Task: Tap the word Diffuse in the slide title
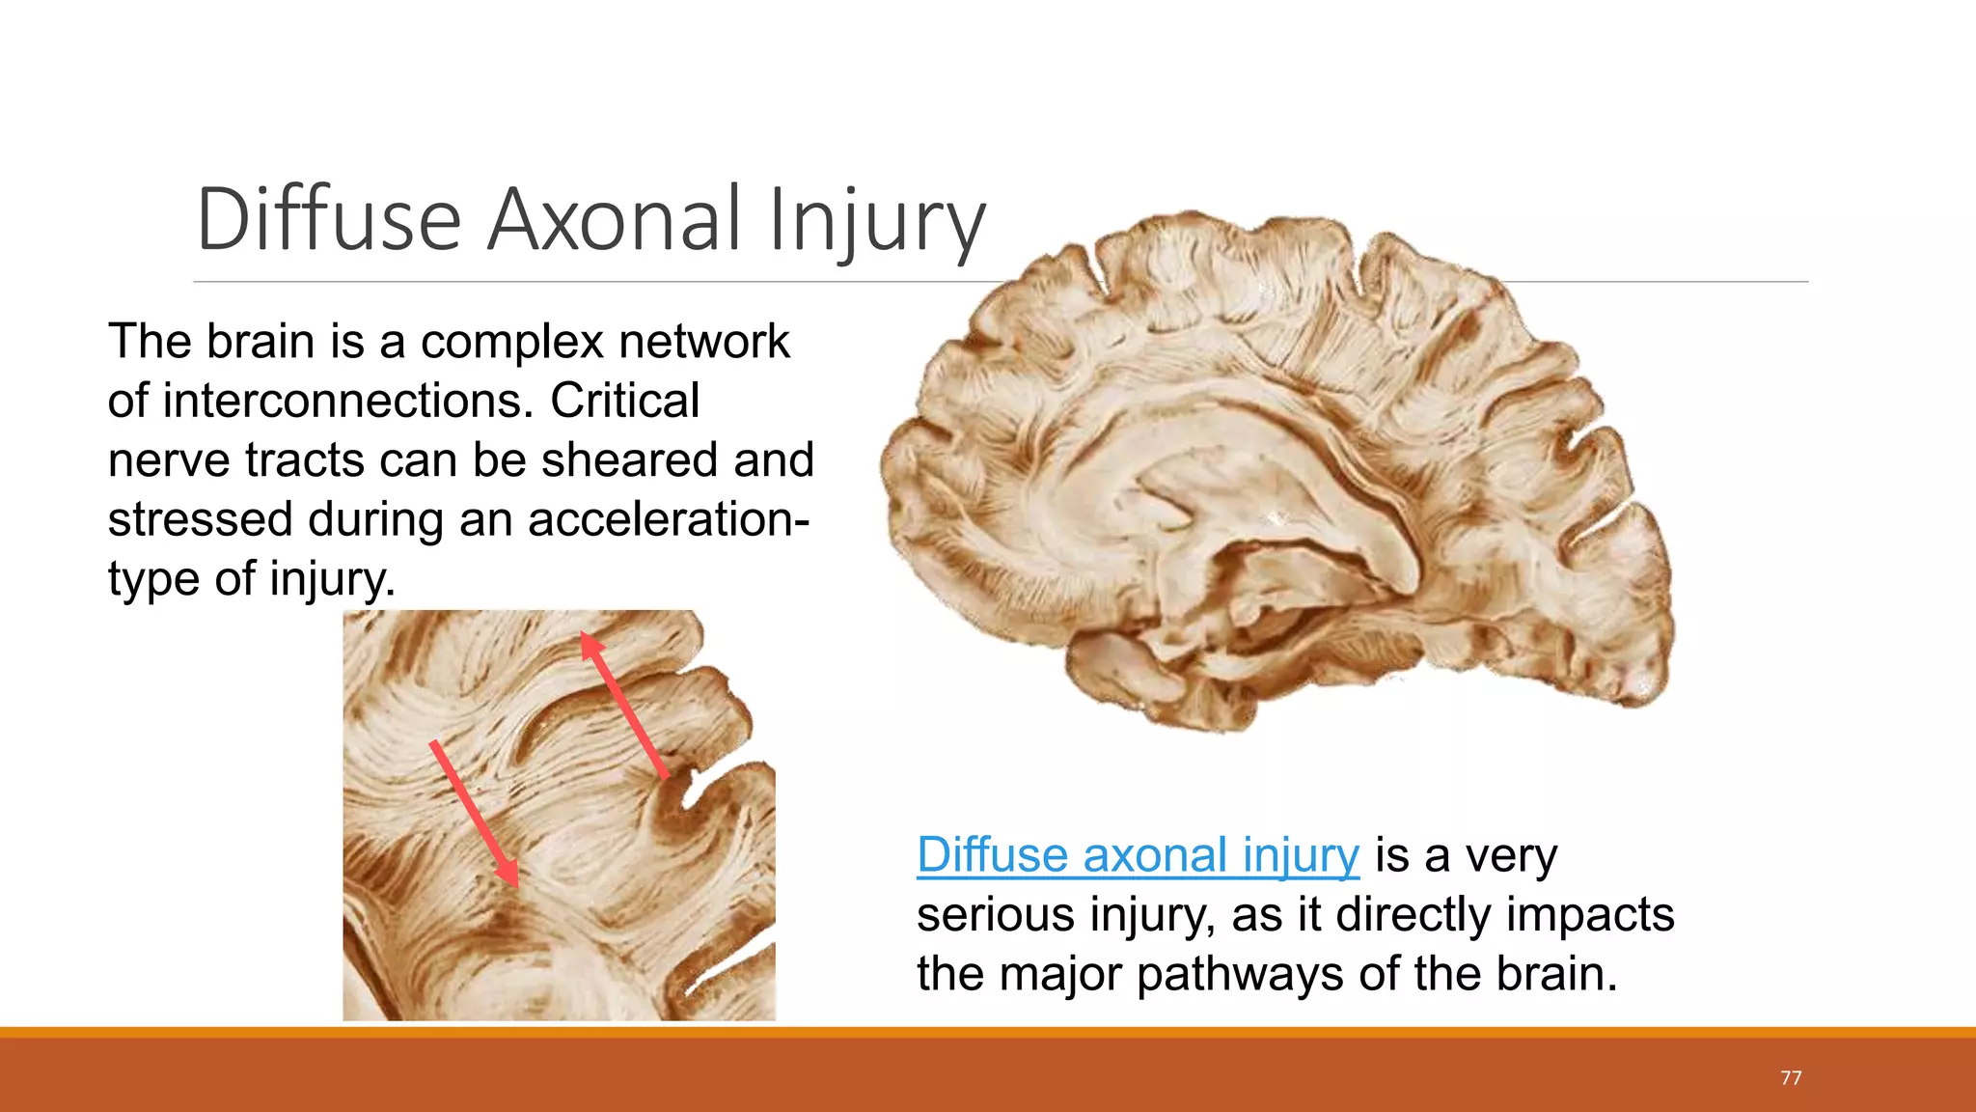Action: (328, 220)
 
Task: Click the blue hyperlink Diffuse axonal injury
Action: (1138, 855)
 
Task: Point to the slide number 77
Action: (1791, 1077)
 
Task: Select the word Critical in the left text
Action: (624, 401)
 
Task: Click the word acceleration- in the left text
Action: (668, 520)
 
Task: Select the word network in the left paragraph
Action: (703, 342)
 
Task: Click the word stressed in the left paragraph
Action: (200, 520)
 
